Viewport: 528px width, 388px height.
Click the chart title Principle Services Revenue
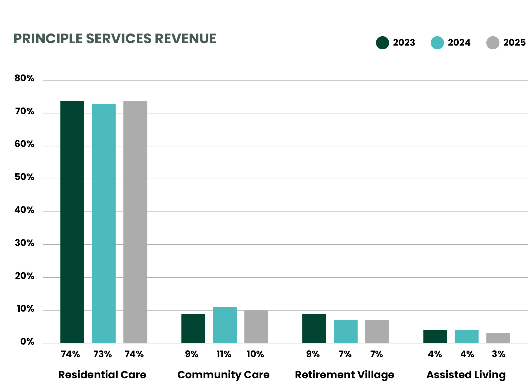114,39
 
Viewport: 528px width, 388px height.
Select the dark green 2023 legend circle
382,43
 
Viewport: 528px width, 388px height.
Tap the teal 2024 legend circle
437,43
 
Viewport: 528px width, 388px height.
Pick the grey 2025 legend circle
493,43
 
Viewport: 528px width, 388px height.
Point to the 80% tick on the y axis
24,78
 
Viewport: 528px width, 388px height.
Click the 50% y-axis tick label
24,177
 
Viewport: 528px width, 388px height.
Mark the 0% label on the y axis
27,341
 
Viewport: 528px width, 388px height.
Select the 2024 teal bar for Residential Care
104,223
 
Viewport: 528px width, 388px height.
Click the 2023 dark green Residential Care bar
72,222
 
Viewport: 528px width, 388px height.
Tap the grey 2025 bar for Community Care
256,326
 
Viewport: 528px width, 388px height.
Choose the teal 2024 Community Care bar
225,325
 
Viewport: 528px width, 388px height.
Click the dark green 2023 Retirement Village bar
314,328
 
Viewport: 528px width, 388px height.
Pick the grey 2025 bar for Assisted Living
498,338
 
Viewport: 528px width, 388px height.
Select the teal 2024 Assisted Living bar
466,336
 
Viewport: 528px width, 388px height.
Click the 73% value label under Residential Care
103,354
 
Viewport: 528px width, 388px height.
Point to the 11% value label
224,354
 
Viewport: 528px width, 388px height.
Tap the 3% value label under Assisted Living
498,354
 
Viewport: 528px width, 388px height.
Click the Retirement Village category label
345,375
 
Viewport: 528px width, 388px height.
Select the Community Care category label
223,375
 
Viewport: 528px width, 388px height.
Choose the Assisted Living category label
466,375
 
